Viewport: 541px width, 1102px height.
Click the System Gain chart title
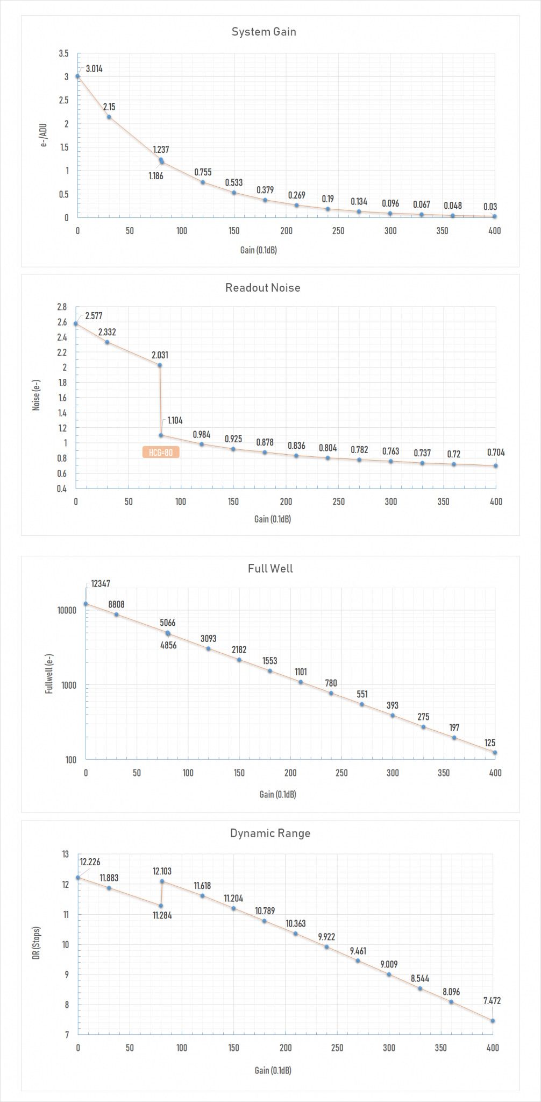coord(264,32)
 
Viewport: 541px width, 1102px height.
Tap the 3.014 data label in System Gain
coord(94,68)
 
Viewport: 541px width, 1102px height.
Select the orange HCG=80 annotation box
coord(161,453)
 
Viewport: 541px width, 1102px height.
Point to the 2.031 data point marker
coord(159,365)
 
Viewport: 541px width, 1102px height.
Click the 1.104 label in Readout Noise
coord(175,420)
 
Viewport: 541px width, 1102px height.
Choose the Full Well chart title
coord(270,568)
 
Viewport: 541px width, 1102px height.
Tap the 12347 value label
coord(101,583)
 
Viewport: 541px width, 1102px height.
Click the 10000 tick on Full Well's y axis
coord(67,611)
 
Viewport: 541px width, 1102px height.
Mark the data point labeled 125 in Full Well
coord(495,752)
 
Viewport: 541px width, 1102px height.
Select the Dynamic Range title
coord(270,833)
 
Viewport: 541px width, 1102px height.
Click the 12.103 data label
coord(162,871)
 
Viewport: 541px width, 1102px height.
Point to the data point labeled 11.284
coord(161,906)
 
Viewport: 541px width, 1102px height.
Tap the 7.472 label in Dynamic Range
coord(492,1001)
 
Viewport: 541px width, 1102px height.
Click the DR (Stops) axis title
coord(37,944)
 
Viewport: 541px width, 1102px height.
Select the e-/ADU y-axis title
coord(44,136)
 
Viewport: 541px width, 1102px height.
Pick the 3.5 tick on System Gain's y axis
coord(63,53)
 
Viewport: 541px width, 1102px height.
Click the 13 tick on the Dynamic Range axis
coord(66,854)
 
